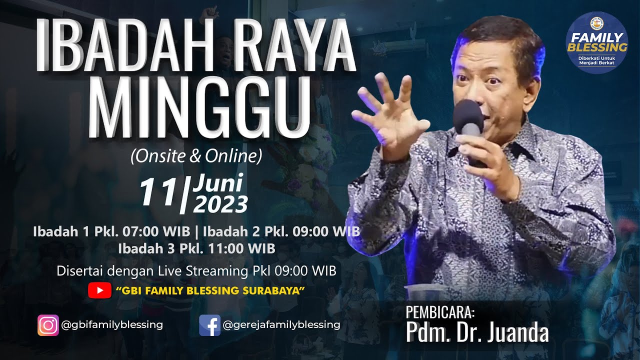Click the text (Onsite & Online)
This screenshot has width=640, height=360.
196,156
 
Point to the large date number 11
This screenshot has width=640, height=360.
158,192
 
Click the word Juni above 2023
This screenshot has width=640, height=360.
219,183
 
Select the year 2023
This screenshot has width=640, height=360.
220,204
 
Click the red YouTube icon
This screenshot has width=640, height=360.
99,290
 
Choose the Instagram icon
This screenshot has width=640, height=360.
48,325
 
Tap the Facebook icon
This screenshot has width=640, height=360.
209,325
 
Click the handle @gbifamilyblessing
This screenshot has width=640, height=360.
112,324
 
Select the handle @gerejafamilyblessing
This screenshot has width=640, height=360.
281,324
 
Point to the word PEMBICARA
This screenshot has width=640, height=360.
440,312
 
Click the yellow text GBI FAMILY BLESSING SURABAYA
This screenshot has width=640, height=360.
210,290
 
